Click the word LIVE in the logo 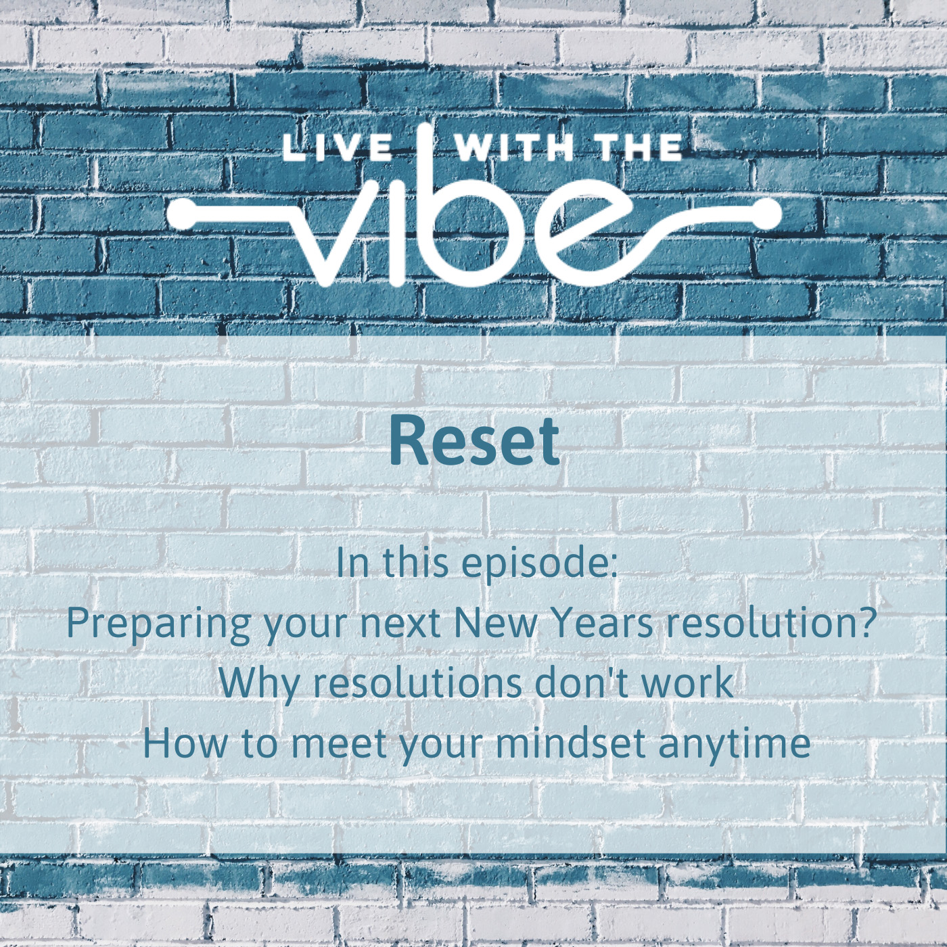[x=337, y=148]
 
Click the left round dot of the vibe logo [x=183, y=214]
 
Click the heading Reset [x=475, y=441]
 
